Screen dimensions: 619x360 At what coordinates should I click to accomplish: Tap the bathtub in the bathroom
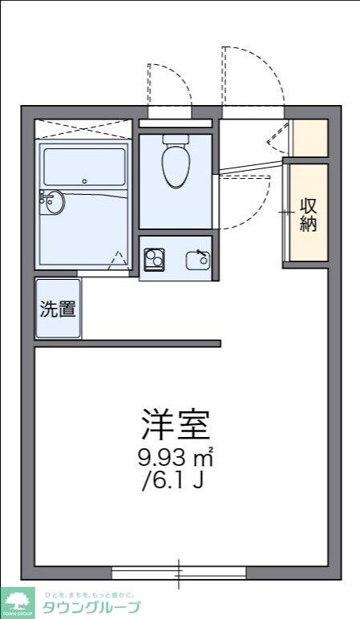point(84,167)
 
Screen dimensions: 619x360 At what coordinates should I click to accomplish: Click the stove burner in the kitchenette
point(152,259)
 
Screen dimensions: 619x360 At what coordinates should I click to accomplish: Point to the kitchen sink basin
point(197,259)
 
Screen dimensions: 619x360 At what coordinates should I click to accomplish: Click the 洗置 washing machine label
point(58,309)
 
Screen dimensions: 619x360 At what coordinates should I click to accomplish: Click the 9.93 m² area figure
point(176,459)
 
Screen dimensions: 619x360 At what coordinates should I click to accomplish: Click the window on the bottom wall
point(179,572)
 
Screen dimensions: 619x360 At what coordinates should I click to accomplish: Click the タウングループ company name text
point(93,608)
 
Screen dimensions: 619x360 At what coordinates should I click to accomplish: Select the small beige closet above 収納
point(309,138)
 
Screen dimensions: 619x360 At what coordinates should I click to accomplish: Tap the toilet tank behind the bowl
point(176,139)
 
